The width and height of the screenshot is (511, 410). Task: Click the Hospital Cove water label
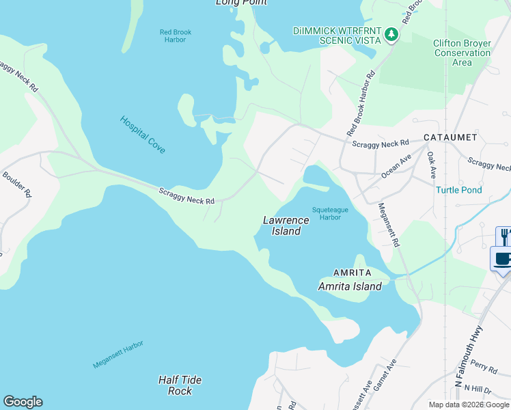pos(143,134)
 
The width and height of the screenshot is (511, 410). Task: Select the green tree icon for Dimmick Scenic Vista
pos(391,34)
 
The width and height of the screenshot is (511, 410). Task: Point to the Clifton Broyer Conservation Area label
pos(462,53)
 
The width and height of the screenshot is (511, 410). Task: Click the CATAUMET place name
pos(450,137)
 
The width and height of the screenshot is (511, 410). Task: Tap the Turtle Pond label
pos(459,190)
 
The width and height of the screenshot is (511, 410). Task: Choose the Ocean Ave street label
pos(396,166)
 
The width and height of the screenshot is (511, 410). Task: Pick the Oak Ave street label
pos(431,165)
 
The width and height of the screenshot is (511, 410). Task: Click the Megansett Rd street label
pos(387,223)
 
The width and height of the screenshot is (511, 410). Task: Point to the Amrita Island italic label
pos(350,286)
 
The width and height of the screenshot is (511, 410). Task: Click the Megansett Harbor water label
pos(118,355)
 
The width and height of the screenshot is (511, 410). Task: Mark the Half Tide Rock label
pos(180,385)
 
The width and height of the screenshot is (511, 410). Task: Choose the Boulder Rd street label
pos(14,183)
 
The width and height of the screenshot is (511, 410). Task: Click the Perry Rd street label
pos(483,368)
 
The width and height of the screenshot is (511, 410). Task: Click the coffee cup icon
pos(501,260)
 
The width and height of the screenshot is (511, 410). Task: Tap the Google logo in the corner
pos(23,402)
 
